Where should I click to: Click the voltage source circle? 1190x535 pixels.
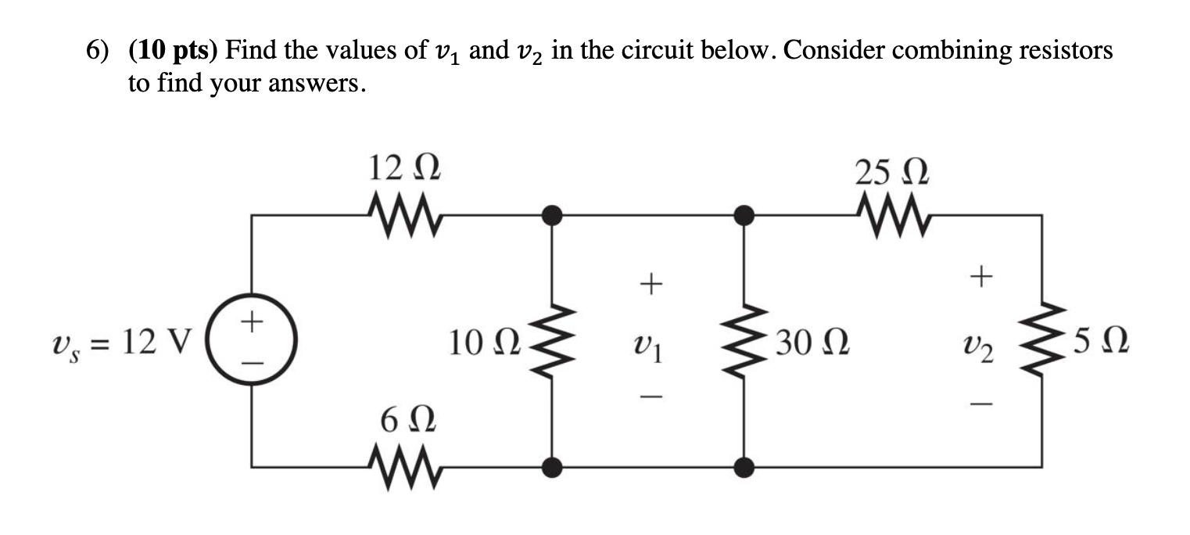tap(252, 342)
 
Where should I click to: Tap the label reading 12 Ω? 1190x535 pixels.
tap(404, 169)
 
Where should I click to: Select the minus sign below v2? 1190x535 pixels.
tap(984, 404)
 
